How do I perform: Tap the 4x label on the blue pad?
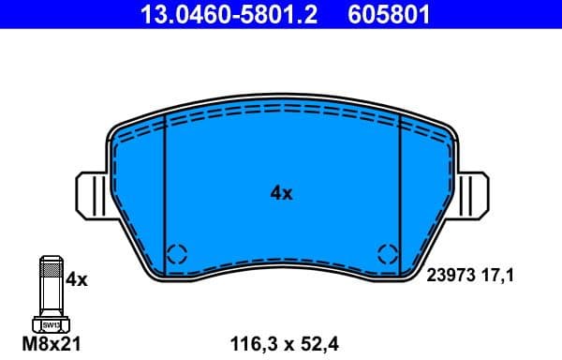point(281,194)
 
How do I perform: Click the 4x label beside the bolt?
point(77,279)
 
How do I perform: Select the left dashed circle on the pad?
point(178,252)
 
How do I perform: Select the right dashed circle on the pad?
point(386,252)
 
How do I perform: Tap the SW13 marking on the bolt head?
point(49,325)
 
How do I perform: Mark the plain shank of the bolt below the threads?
point(49,306)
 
